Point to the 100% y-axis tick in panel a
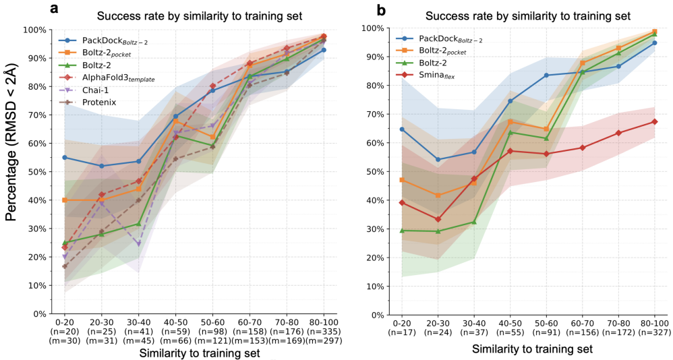point(32,30)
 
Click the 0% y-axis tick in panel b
point(368,315)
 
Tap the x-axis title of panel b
point(532,349)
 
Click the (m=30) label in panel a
point(65,340)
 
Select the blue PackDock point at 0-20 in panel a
point(65,158)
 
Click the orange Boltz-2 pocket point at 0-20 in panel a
point(65,200)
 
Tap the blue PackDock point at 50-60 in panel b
point(546,76)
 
